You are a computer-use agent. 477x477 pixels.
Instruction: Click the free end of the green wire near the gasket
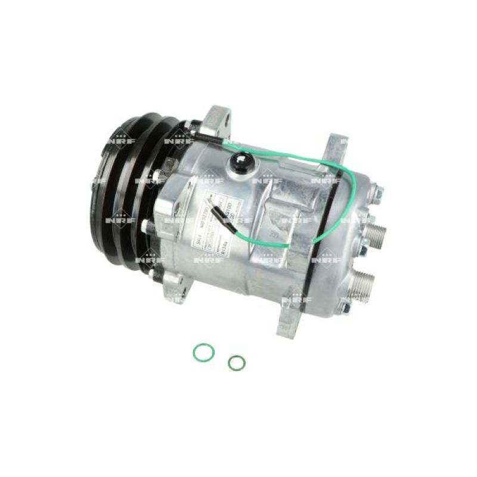tap(288, 244)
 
